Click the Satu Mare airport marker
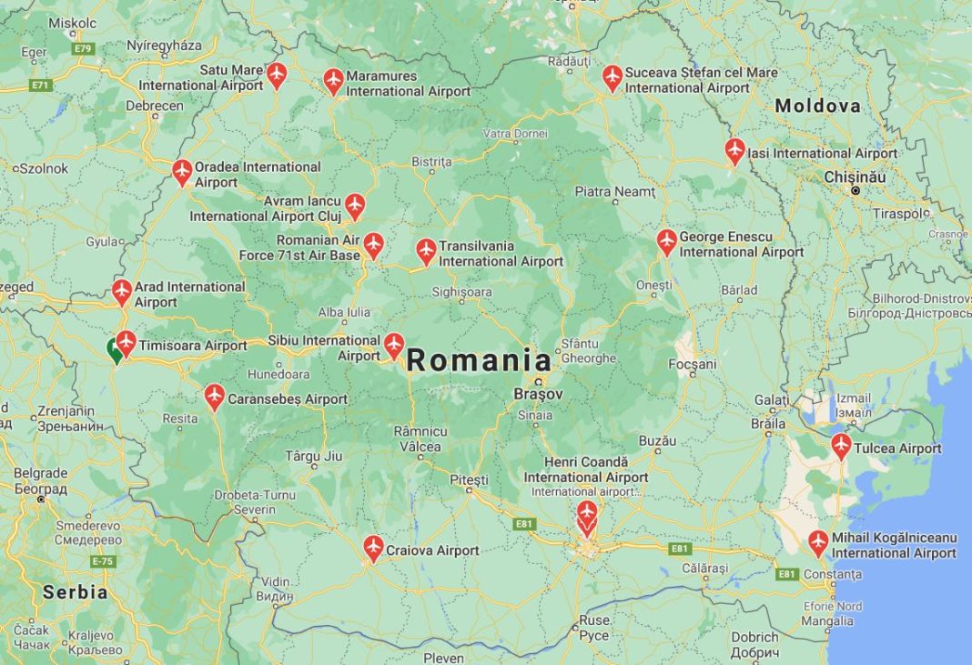[277, 75]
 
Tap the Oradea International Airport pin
[182, 171]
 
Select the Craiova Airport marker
[373, 548]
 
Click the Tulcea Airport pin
[841, 446]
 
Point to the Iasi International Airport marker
[735, 150]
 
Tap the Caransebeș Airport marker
[215, 397]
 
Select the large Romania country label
[479, 360]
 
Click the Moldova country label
[817, 106]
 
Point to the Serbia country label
[75, 592]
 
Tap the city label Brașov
[538, 395]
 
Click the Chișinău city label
[854, 176]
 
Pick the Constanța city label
[832, 574]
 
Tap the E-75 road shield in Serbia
[103, 561]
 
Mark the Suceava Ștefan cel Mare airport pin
[613, 77]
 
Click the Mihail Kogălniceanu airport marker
[818, 542]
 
